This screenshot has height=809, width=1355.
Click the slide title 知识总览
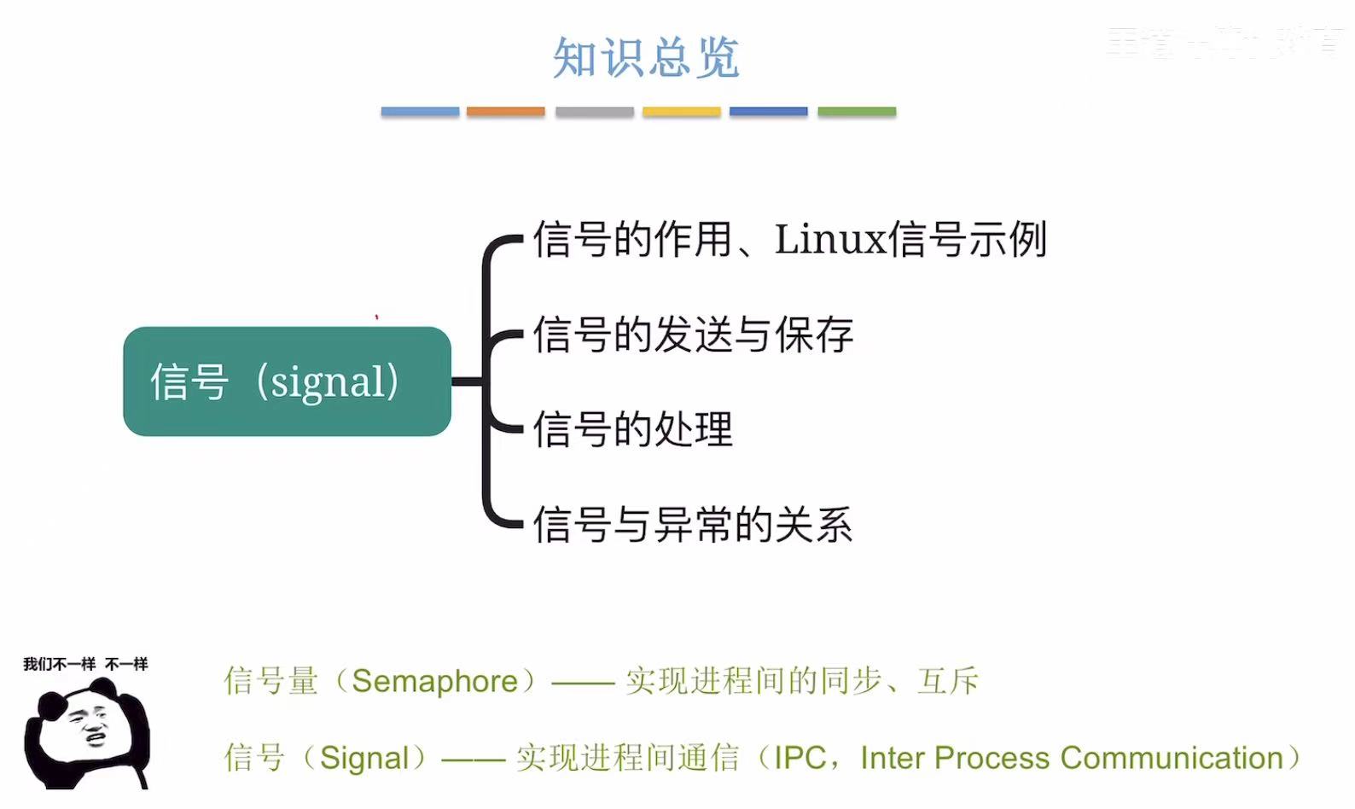pos(646,58)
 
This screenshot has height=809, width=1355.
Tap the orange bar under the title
pos(505,112)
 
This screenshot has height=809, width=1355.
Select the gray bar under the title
pos(594,112)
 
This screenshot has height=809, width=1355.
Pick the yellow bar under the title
pos(681,112)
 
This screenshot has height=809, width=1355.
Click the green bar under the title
pos(857,112)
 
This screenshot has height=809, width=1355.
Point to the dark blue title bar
pos(768,112)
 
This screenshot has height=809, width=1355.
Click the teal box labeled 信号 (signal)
pos(287,381)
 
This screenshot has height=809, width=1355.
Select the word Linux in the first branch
pos(830,239)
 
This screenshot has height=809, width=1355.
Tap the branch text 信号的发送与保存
pos(693,335)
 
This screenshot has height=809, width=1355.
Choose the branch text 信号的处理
pos(632,429)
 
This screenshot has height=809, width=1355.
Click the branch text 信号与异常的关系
pos(693,524)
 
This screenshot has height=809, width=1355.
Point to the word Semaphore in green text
pos(434,682)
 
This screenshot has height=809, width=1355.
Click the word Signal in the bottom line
pos(364,759)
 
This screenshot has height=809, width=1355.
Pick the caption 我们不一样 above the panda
pos(59,664)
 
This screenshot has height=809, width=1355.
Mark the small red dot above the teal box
pos(376,317)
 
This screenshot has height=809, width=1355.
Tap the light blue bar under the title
pos(420,112)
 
